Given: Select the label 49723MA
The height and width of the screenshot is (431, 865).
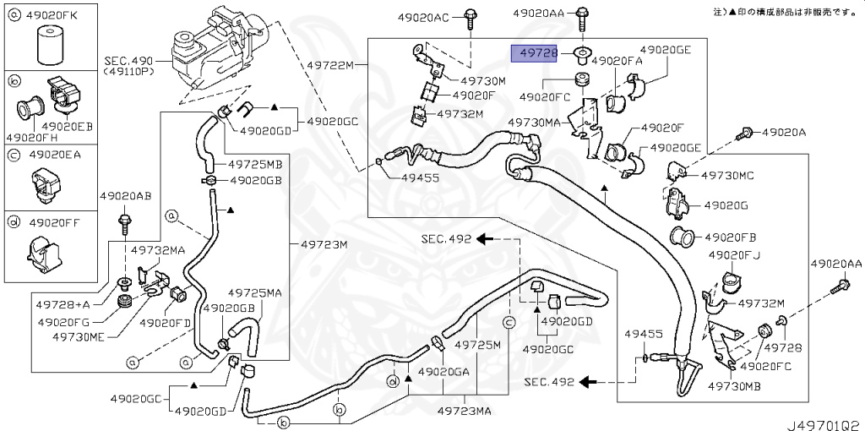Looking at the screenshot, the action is point(464,411).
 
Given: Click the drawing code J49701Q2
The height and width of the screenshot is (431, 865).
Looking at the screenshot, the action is point(824,425).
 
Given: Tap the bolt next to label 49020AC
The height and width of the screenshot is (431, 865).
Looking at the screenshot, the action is point(471,18).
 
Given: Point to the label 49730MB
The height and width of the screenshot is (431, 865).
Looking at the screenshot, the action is point(734,386).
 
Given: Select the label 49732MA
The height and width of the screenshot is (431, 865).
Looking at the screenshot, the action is point(157,250).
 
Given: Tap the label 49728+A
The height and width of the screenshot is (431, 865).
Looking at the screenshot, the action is point(63,304).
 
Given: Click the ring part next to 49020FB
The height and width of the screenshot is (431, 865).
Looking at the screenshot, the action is point(683,237).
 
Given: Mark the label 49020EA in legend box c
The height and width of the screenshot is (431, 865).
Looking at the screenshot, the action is point(55,155).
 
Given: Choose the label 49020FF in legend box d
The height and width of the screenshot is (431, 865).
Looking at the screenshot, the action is point(54,223).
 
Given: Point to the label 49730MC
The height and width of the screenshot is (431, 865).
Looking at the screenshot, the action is point(727,176).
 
